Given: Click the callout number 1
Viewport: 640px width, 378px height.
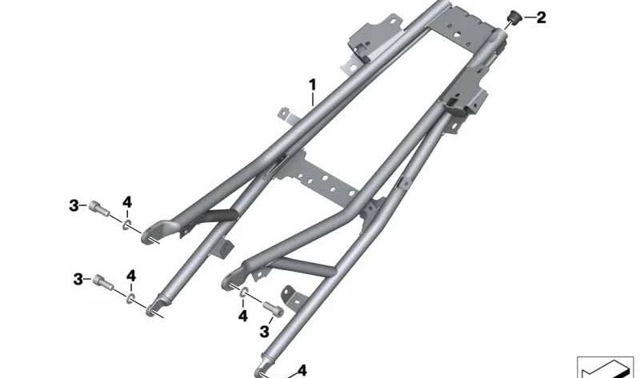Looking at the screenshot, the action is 312,86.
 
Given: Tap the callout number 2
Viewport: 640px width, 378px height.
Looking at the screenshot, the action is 542,18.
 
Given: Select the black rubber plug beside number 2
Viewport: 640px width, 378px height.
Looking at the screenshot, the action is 513,18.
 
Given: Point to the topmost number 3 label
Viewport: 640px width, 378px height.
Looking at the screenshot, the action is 74,206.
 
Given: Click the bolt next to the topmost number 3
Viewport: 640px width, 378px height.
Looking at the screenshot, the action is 99,209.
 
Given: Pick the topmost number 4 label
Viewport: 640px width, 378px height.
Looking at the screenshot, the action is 127,202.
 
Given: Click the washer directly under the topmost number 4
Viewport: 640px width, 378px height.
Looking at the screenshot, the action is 127,224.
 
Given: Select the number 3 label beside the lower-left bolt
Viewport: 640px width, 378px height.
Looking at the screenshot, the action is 78,280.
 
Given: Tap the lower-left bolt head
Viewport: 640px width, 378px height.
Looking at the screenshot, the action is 103,282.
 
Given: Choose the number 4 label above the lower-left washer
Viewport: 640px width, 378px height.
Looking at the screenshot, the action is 131,276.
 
